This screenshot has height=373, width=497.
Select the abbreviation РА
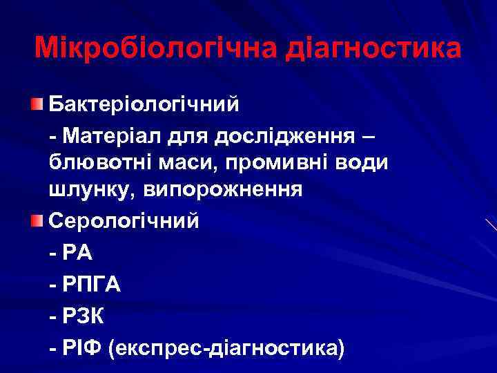[x=77, y=253]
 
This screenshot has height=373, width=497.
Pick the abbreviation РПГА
[x=92, y=285]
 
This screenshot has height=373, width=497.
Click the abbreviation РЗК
[x=84, y=316]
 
